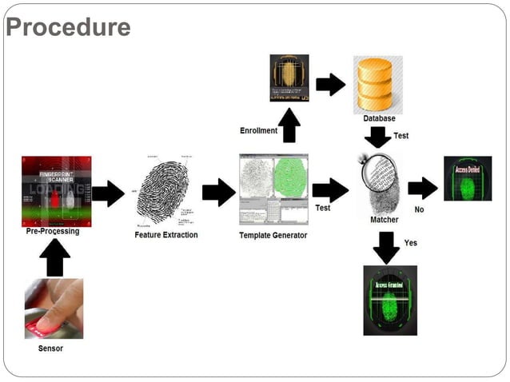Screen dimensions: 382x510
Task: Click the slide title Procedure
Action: pyautogui.click(x=68, y=27)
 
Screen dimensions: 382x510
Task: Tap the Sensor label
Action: pyautogui.click(x=50, y=348)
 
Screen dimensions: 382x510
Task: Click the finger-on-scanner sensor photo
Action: pyautogui.click(x=54, y=308)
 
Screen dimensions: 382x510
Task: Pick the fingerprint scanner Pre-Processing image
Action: pyautogui.click(x=56, y=192)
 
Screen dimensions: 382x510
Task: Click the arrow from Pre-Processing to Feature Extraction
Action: pyautogui.click(x=108, y=193)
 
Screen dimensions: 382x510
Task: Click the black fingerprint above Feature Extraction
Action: pyautogui.click(x=163, y=192)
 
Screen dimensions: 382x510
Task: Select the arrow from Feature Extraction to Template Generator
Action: pyautogui.click(x=218, y=193)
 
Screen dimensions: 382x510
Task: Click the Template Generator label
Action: pyautogui.click(x=273, y=235)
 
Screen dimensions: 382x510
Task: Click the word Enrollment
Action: pyautogui.click(x=257, y=130)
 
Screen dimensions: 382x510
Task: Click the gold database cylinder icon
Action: pyautogui.click(x=378, y=83)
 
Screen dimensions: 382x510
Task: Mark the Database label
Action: pyautogui.click(x=379, y=118)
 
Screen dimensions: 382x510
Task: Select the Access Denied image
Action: pyautogui.click(x=467, y=178)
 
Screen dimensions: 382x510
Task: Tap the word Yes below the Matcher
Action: pyautogui.click(x=410, y=242)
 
